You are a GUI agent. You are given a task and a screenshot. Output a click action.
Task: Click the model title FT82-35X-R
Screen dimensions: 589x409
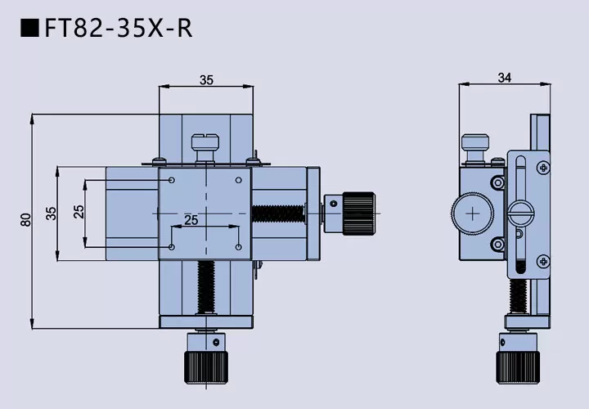[x=119, y=28]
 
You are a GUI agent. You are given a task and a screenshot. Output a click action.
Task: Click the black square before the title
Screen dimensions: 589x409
[x=29, y=28]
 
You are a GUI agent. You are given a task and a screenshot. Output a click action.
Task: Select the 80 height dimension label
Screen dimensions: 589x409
[x=25, y=220]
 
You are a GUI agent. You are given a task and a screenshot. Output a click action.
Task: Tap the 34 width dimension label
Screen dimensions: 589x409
[x=505, y=78]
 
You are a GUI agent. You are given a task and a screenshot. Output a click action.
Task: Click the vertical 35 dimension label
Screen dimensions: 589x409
[x=51, y=213]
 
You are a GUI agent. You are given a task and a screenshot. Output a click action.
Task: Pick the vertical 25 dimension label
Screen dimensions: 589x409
[x=79, y=212]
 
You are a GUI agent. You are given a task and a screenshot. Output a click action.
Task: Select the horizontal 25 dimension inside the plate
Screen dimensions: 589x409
[x=191, y=220]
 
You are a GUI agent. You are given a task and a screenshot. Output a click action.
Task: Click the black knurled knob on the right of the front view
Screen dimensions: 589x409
[x=359, y=213]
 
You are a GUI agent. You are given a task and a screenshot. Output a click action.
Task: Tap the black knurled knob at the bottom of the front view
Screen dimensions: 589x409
[x=206, y=367]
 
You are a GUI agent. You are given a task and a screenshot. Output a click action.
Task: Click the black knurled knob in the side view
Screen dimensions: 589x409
[x=518, y=367]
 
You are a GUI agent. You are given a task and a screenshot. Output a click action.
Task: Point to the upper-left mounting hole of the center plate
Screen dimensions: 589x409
[x=172, y=180]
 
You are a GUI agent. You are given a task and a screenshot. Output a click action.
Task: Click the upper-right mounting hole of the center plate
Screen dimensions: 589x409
[x=239, y=180]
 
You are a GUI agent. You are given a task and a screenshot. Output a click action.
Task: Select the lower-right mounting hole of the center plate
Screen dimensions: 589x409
[x=239, y=247]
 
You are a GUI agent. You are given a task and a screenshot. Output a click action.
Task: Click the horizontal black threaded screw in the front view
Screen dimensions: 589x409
[x=278, y=213]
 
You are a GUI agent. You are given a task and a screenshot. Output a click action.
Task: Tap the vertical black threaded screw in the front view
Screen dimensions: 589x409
[x=206, y=287]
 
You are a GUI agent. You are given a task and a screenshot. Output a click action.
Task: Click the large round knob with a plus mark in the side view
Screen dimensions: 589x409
[x=473, y=213]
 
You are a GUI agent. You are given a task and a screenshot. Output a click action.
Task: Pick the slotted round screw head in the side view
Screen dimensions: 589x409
[x=520, y=213]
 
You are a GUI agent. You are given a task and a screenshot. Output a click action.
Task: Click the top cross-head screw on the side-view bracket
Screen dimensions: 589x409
[x=543, y=168]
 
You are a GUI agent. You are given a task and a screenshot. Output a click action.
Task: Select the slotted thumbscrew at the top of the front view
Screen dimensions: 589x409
[x=205, y=147]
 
